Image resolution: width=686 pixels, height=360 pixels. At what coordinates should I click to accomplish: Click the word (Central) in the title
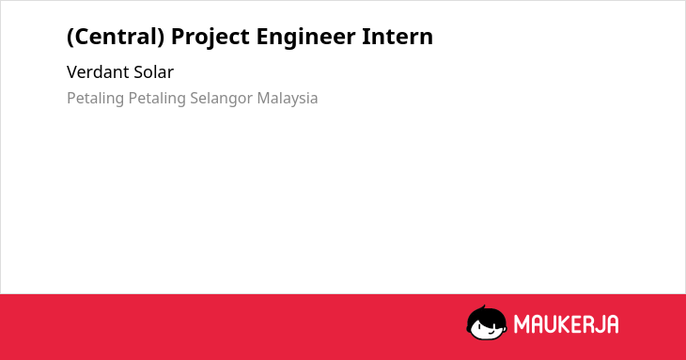pyautogui.click(x=116, y=37)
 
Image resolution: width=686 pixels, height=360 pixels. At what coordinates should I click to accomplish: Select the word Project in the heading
pyautogui.click(x=210, y=37)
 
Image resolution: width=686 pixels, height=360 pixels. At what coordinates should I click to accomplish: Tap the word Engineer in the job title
pyautogui.click(x=305, y=37)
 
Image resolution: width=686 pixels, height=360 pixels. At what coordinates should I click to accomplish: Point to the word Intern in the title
pyautogui.click(x=398, y=36)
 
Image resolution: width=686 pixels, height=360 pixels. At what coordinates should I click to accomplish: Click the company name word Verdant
pyautogui.click(x=98, y=72)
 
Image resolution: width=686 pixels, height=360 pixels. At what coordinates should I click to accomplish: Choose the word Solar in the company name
pyautogui.click(x=153, y=72)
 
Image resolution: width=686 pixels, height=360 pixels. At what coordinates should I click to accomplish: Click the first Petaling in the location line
pyautogui.click(x=95, y=99)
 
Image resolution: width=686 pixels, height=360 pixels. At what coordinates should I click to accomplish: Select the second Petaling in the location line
pyautogui.click(x=157, y=99)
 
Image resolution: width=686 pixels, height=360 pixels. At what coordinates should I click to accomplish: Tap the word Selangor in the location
pyautogui.click(x=222, y=99)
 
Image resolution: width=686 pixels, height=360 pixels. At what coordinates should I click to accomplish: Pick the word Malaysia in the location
pyautogui.click(x=288, y=99)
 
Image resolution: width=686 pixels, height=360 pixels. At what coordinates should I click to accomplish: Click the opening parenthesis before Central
pyautogui.click(x=70, y=37)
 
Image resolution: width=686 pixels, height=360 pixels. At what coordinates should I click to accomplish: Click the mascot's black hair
pyautogui.click(x=486, y=316)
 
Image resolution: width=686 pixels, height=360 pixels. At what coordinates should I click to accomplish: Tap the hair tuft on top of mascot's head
pyautogui.click(x=484, y=307)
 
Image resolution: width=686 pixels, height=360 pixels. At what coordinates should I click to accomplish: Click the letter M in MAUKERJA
pyautogui.click(x=522, y=324)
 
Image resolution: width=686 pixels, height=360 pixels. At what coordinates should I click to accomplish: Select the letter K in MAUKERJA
pyautogui.click(x=565, y=324)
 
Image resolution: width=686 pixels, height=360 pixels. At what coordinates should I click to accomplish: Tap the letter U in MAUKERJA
pyautogui.click(x=551, y=324)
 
